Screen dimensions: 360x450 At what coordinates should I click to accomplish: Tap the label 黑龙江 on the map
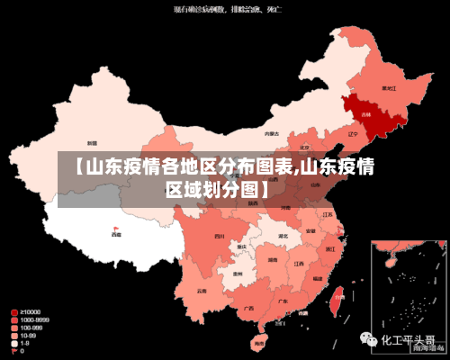pyautogui.click(x=388, y=88)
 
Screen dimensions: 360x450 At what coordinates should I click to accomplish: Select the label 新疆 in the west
pyautogui.click(x=91, y=142)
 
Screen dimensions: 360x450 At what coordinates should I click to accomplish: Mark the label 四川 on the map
pyautogui.click(x=219, y=236)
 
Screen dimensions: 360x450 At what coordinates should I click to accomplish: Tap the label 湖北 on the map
pyautogui.click(x=283, y=236)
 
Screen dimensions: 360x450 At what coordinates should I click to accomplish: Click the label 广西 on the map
pyautogui.click(x=247, y=308)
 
